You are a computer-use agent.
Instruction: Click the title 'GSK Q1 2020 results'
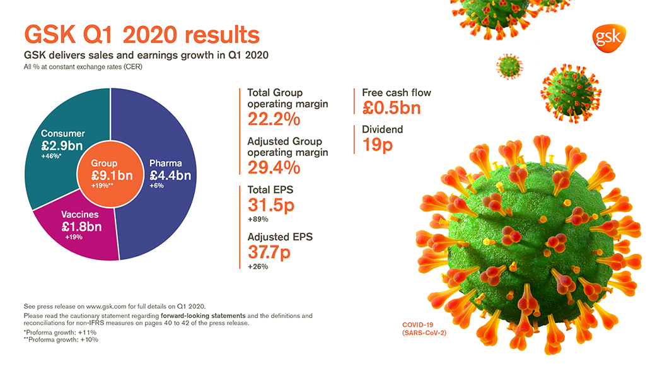141,34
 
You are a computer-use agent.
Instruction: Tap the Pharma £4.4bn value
170,175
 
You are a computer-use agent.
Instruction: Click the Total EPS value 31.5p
271,205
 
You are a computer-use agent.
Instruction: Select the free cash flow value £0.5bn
391,108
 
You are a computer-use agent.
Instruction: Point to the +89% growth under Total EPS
258,220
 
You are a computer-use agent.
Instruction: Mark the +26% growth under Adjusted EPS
258,266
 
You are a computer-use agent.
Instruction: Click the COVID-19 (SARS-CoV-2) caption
424,329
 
